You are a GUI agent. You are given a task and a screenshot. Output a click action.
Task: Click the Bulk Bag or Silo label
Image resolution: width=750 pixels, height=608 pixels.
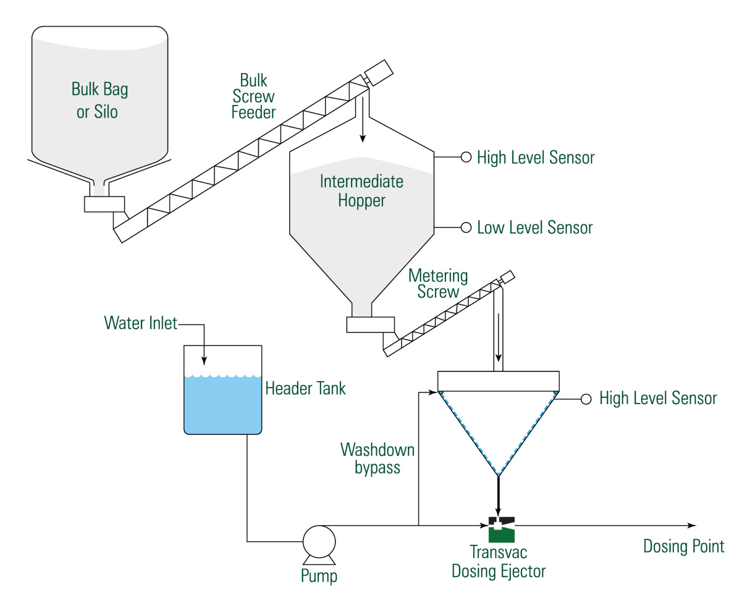[x=99, y=101]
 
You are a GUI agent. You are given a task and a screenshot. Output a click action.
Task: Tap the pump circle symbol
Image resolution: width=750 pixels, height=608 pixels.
[x=319, y=542]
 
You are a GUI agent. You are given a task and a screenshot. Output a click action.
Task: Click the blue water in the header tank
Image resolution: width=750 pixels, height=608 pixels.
[x=223, y=405]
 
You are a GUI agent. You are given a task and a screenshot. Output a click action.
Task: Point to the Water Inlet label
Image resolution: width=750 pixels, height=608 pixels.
[x=141, y=323]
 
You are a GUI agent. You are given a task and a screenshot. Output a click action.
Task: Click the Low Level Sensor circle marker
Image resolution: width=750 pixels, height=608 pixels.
[x=466, y=227]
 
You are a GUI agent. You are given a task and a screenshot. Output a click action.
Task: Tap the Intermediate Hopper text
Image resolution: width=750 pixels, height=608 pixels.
[x=361, y=191]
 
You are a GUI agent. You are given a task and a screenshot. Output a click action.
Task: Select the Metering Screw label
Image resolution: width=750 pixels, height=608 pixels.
[x=438, y=284]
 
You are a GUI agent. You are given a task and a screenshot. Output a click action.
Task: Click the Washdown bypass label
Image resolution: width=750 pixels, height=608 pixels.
[x=377, y=458]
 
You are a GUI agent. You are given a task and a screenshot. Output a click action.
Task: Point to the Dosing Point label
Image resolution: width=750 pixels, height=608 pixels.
[x=683, y=546]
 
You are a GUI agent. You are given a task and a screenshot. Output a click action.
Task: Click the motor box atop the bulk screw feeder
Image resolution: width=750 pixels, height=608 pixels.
[x=378, y=73]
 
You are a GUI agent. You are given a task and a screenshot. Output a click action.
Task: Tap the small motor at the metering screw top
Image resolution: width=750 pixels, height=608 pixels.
[x=507, y=277]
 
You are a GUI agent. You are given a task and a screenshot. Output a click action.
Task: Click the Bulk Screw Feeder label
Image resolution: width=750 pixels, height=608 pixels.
[x=253, y=96]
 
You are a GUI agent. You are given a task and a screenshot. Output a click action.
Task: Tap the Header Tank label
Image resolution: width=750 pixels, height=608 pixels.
[x=305, y=388]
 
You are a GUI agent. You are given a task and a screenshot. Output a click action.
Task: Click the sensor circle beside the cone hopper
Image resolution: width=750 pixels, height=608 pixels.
[x=586, y=399]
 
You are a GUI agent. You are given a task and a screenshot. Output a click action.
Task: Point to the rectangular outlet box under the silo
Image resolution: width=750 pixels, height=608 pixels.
[x=104, y=204]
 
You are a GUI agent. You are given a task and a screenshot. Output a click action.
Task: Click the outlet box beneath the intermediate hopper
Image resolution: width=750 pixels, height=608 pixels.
[x=370, y=324]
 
